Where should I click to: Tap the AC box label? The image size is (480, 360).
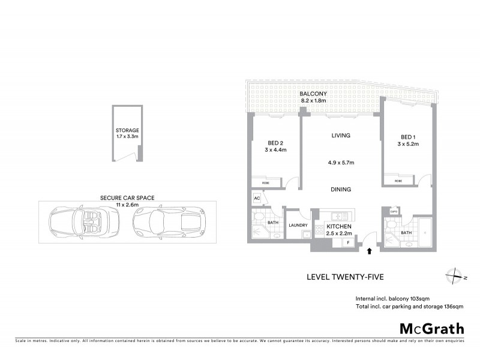pyautogui.click(x=256, y=197)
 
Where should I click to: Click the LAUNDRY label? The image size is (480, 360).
pyautogui.click(x=298, y=226)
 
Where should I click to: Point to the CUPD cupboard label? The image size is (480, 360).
pyautogui.click(x=394, y=211)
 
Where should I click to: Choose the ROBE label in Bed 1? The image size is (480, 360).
pyautogui.click(x=398, y=181)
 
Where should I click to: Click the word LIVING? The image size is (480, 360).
pyautogui.click(x=341, y=136)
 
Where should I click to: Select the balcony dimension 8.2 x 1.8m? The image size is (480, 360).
pyautogui.click(x=313, y=101)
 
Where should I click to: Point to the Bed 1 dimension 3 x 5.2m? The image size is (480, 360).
pyautogui.click(x=409, y=145)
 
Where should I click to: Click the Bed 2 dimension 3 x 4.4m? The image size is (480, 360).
pyautogui.click(x=276, y=151)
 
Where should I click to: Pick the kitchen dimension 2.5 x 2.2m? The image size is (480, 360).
pyautogui.click(x=338, y=232)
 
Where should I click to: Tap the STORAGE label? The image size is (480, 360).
pyautogui.click(x=127, y=130)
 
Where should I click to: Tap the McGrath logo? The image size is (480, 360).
pyautogui.click(x=431, y=328)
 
